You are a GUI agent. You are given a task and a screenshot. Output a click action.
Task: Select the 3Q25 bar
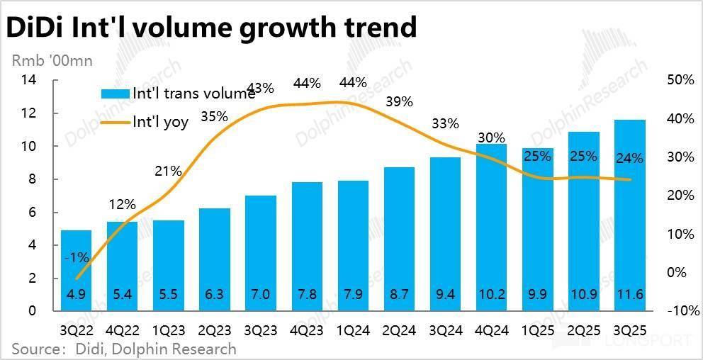(x=629, y=216)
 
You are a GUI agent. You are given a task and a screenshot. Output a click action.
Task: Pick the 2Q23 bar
(x=215, y=259)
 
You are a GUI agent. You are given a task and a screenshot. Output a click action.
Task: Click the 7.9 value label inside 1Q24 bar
(x=353, y=294)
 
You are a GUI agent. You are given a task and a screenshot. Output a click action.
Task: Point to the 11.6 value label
(x=629, y=294)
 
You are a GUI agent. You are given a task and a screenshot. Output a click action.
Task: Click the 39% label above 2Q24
(x=399, y=101)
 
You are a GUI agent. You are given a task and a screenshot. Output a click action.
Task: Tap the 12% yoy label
(x=122, y=205)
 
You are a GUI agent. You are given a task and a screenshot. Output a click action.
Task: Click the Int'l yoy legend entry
(x=160, y=122)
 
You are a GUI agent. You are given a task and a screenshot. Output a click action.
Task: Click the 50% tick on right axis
(x=680, y=80)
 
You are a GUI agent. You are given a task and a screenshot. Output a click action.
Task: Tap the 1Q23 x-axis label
(x=169, y=331)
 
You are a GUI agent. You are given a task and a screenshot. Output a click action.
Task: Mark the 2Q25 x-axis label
(x=583, y=331)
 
